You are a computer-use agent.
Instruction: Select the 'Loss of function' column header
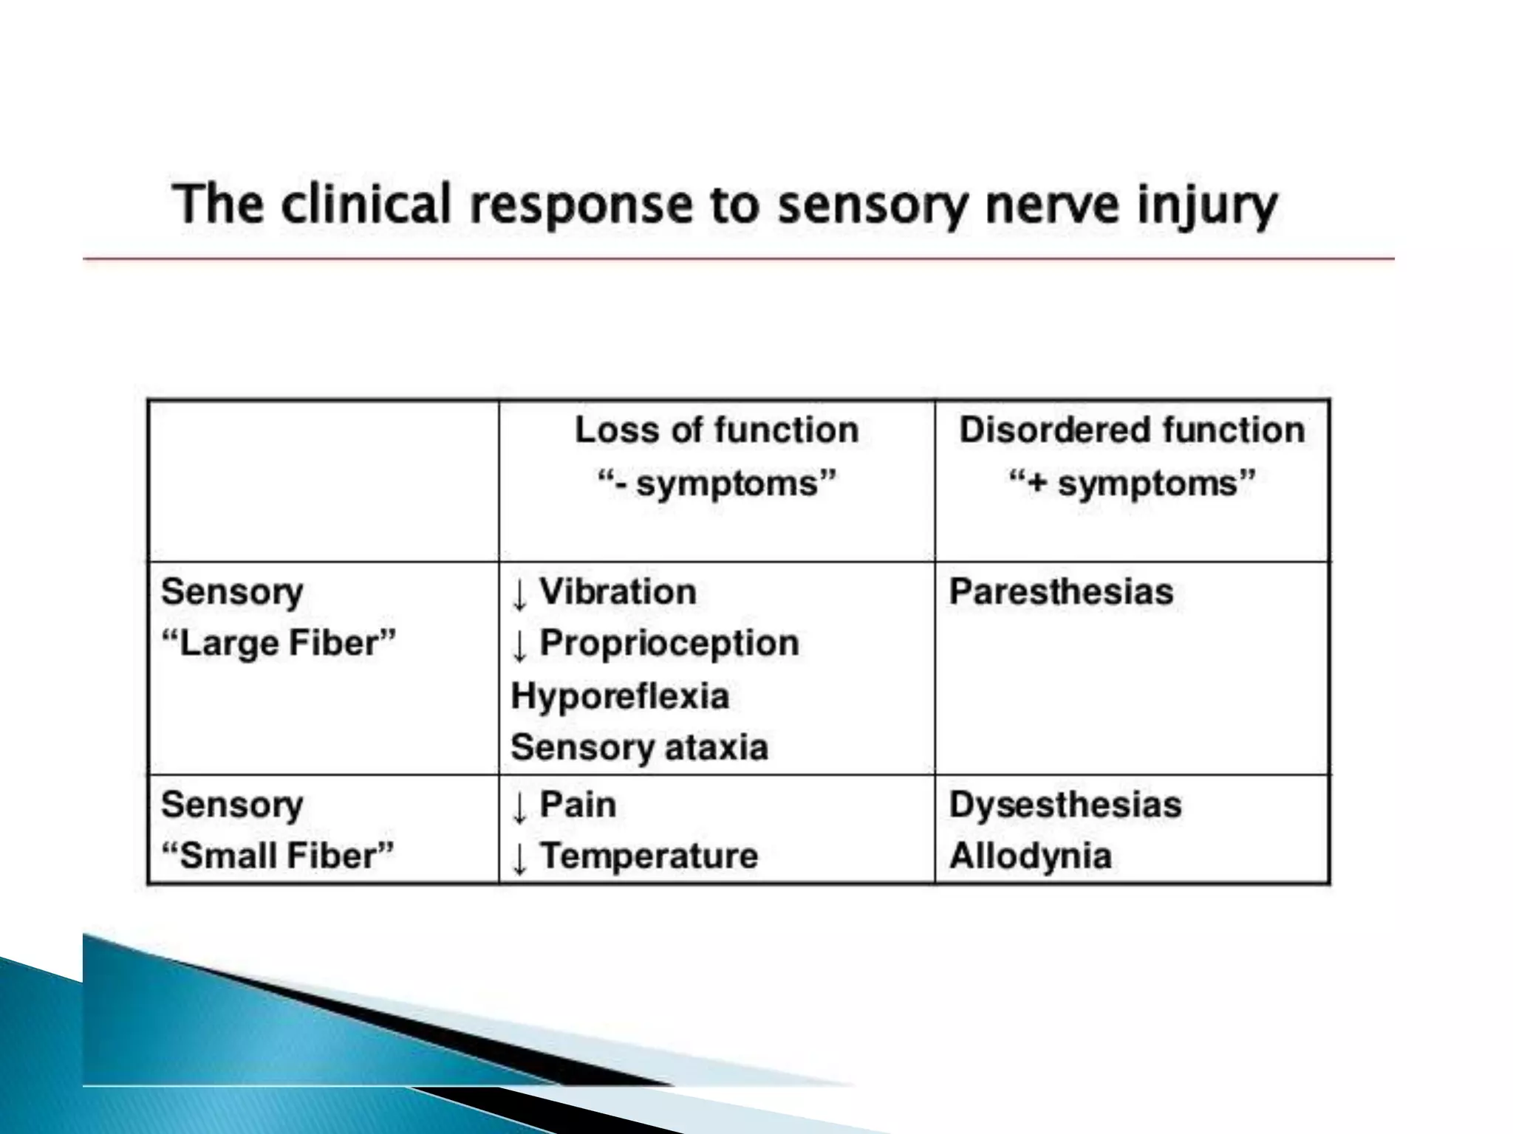point(716,430)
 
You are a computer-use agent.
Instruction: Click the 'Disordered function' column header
point(1131,430)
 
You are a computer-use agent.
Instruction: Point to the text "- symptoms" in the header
point(716,484)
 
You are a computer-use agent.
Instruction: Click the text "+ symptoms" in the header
point(1131,484)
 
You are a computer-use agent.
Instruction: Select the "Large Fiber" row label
point(279,643)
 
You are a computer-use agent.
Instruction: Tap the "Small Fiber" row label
point(278,856)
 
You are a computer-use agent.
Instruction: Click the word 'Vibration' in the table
point(618,591)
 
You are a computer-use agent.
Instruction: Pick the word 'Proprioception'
point(669,643)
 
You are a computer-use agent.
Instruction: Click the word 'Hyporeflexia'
point(620,695)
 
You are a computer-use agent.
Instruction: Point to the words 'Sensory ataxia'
point(639,747)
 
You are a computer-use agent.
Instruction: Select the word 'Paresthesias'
point(1061,591)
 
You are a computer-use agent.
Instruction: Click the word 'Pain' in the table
point(578,804)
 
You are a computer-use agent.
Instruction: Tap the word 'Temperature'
point(649,856)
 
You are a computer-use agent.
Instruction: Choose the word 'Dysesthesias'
point(1065,804)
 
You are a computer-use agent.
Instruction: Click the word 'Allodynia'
point(1030,856)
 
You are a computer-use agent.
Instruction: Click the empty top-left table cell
point(323,481)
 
